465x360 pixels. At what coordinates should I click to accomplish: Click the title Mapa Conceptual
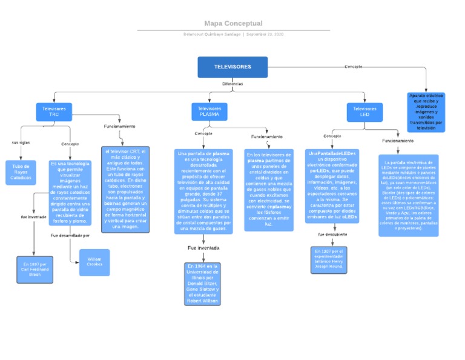click(x=233, y=24)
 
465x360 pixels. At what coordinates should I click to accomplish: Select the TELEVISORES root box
click(x=232, y=67)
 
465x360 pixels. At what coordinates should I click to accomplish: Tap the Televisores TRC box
click(x=54, y=112)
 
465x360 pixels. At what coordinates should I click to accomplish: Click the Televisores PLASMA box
click(x=209, y=112)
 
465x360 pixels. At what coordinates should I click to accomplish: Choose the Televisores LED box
click(x=364, y=112)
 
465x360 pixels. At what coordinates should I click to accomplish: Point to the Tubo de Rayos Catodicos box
click(x=21, y=172)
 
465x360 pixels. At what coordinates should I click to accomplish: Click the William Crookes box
click(x=94, y=262)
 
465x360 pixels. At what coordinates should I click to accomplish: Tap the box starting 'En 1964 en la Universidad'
click(x=203, y=282)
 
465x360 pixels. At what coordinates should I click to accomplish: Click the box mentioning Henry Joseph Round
click(x=328, y=259)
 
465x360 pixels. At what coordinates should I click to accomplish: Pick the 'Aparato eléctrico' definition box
click(x=426, y=112)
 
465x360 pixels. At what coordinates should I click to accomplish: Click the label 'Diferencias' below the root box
click(x=232, y=84)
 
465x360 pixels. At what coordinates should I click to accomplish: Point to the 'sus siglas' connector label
click(x=21, y=142)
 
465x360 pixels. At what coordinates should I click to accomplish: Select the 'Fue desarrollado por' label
click(x=70, y=235)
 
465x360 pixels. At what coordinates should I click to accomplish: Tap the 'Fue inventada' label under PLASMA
click(x=203, y=248)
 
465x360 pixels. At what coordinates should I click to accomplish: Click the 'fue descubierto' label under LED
click(x=332, y=234)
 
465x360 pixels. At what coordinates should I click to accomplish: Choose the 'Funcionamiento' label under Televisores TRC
click(x=119, y=127)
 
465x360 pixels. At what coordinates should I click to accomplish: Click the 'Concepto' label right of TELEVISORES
click(x=354, y=67)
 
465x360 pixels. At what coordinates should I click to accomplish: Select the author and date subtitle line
click(x=233, y=35)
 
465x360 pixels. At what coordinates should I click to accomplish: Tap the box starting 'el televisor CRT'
click(x=125, y=188)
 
